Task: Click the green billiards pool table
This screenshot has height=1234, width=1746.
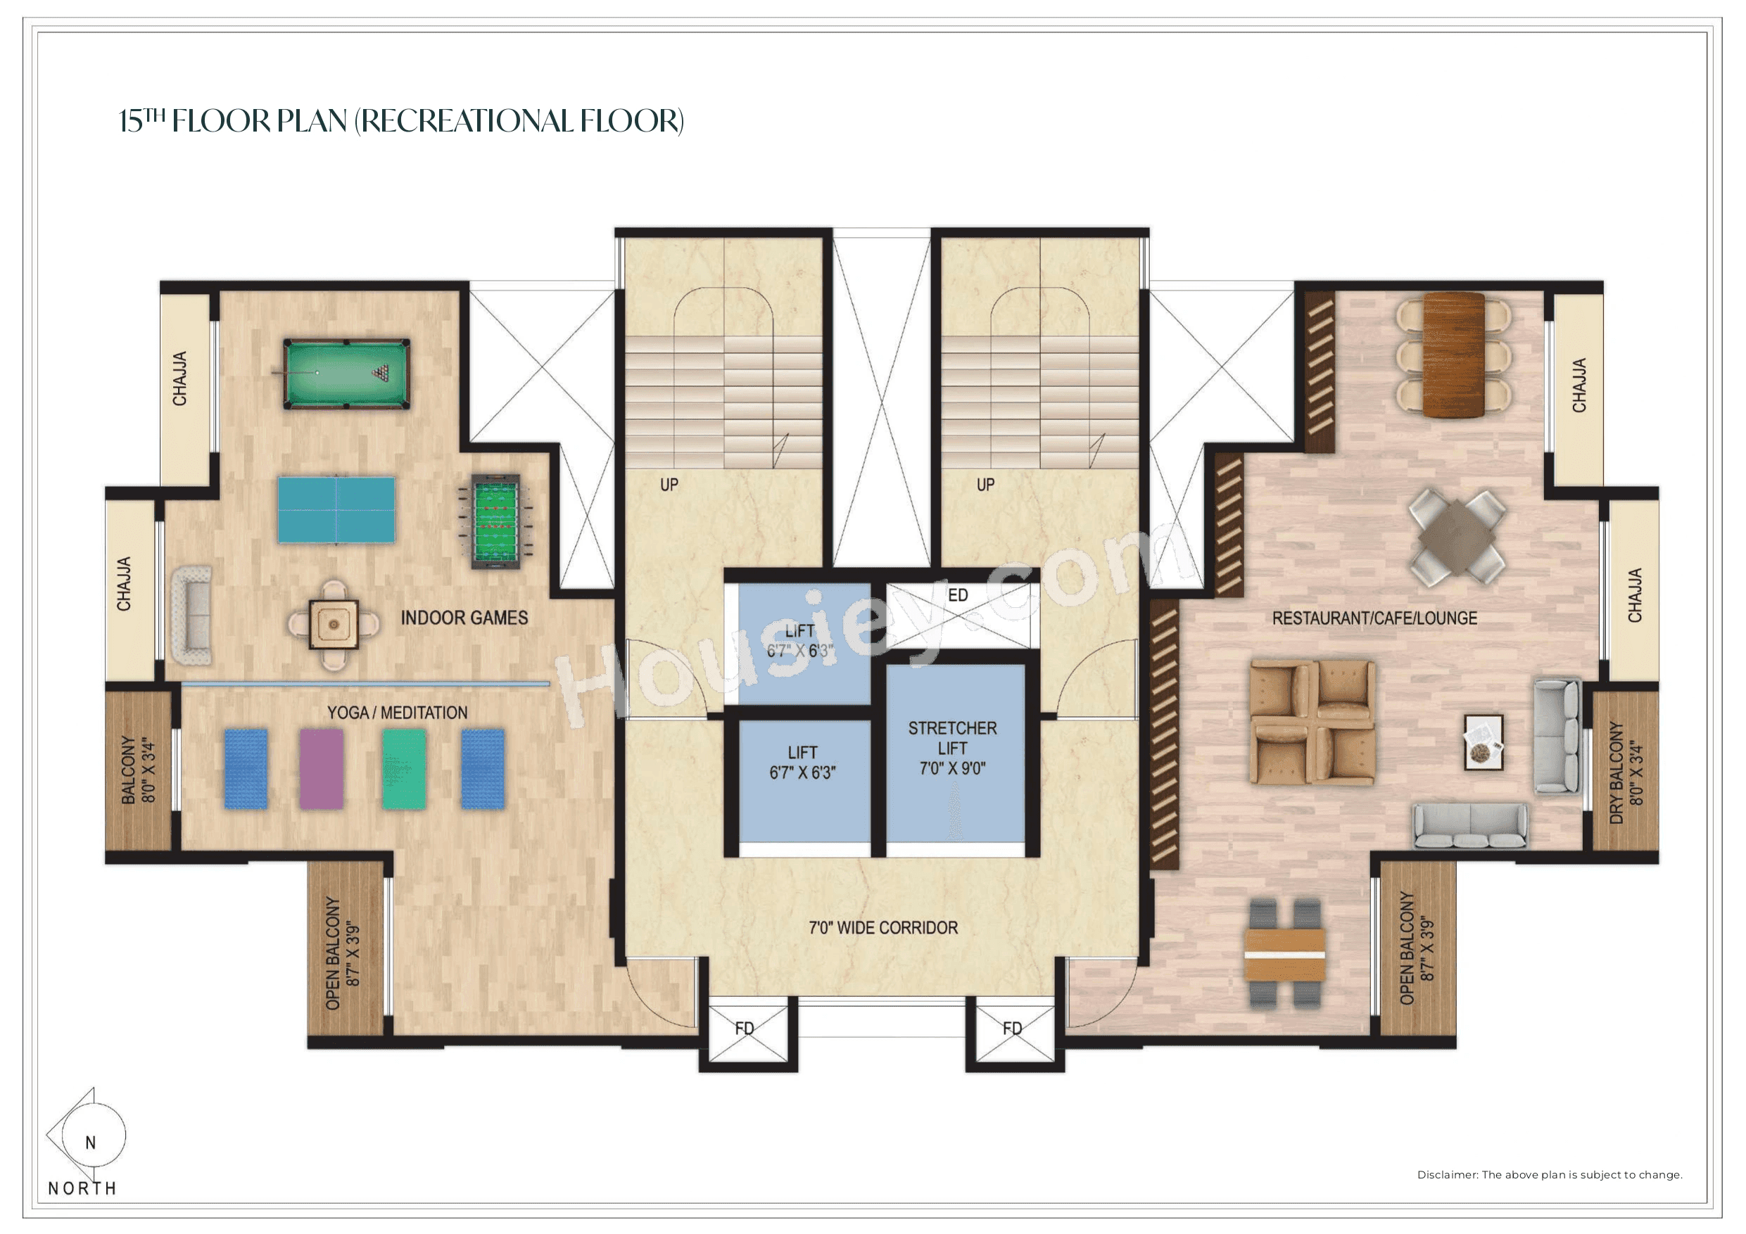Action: tap(346, 374)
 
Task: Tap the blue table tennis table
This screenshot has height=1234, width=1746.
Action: tap(336, 510)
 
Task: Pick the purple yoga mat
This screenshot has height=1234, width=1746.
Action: tap(321, 769)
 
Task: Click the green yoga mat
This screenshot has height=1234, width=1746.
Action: tap(404, 769)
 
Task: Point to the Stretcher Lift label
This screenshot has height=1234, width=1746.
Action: tap(952, 748)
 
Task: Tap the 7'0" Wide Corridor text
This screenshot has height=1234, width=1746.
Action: tap(883, 927)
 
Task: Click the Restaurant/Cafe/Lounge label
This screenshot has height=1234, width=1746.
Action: tap(1374, 618)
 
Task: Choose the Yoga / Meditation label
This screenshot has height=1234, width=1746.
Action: tap(397, 713)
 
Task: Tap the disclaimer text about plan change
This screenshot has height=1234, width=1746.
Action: tap(1549, 1175)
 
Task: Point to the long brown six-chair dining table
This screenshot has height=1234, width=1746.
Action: tap(1453, 355)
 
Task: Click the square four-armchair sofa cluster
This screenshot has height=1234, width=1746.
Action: tap(1312, 723)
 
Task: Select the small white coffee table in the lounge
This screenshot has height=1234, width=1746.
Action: tap(1483, 742)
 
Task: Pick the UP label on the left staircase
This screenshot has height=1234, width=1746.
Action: tap(669, 484)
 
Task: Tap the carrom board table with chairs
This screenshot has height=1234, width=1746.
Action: tap(333, 625)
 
